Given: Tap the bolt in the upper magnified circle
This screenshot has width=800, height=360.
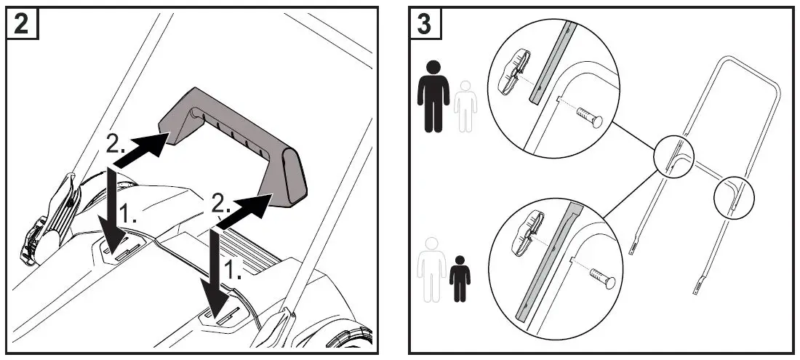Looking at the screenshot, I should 589,116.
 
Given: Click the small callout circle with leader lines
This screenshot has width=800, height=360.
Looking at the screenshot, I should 674,156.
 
